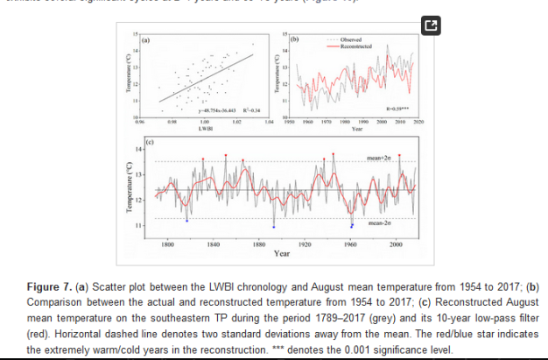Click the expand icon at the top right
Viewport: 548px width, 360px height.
click(x=430, y=26)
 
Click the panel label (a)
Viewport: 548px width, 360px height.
click(x=146, y=40)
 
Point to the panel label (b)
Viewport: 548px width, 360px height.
click(x=295, y=40)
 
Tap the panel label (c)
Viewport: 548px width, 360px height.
click(x=150, y=141)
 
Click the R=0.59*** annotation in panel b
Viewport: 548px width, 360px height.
click(x=398, y=108)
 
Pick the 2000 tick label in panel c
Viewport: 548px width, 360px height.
click(x=397, y=243)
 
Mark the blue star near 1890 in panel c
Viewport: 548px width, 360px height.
click(x=274, y=227)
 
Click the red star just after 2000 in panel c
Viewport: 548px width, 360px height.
click(x=400, y=155)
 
